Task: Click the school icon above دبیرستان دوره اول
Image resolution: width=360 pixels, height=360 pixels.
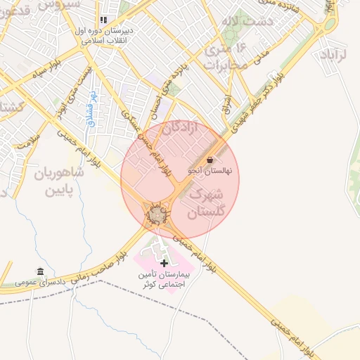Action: (x=104, y=20)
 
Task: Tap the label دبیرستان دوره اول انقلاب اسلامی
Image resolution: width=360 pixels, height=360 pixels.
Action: (x=105, y=37)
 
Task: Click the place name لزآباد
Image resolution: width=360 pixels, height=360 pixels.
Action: (x=333, y=54)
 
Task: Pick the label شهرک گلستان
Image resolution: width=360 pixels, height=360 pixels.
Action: (x=207, y=201)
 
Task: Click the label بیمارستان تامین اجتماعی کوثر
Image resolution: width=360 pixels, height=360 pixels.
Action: (x=165, y=278)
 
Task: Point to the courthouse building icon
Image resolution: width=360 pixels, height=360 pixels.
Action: (x=39, y=271)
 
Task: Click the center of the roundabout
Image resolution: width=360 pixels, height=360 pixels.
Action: (x=155, y=213)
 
